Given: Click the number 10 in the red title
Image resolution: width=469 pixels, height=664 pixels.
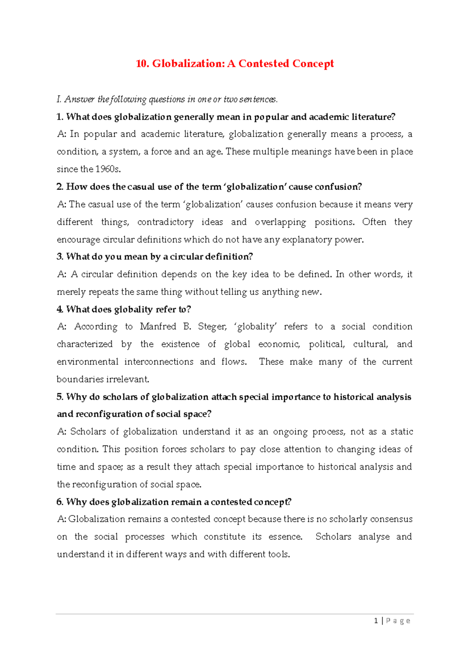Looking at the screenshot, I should coord(142,64).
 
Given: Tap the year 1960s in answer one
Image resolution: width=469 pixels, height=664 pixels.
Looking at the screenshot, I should coord(108,169).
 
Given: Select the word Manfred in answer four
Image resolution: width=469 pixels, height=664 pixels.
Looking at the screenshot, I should coord(158,327).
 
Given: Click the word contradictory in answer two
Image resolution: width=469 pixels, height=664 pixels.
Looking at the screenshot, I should coord(165,222).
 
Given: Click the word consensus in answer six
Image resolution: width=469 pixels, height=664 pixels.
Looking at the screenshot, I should coord(391,519).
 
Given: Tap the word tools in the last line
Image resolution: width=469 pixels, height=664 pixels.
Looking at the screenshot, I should coord(279,555).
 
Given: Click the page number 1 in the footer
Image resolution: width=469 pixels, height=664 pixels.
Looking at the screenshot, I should coord(376,621).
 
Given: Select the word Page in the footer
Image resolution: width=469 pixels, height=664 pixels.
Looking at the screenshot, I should coord(398,621).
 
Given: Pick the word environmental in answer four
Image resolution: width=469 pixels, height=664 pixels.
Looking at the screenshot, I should coord(88,362).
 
